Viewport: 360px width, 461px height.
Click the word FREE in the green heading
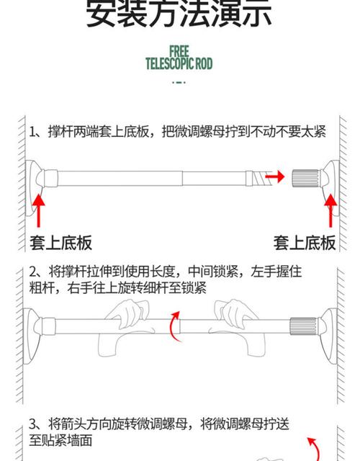(x=179, y=51)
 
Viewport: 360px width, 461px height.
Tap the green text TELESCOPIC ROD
(x=179, y=63)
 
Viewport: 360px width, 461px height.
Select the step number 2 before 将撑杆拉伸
(x=33, y=273)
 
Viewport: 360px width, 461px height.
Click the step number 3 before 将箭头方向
(x=33, y=424)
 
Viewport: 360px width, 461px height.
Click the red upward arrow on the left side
(x=39, y=207)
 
